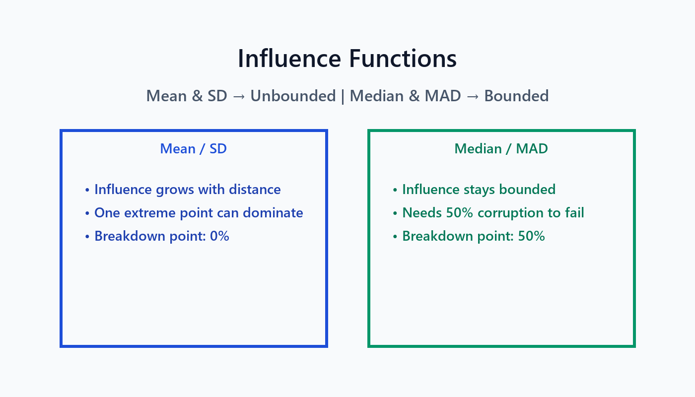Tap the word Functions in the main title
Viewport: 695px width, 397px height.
(403, 59)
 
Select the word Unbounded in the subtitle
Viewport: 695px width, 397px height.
(293, 96)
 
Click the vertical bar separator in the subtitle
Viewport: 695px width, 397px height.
(343, 96)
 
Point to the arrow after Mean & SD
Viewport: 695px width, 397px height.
(239, 96)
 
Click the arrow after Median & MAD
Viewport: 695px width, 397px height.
(473, 96)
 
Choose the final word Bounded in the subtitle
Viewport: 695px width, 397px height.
(516, 96)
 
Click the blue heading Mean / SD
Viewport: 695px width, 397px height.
(193, 149)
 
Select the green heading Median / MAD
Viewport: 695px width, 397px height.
(501, 149)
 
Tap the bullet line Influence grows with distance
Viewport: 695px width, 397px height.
(187, 190)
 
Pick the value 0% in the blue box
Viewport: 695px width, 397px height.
(219, 236)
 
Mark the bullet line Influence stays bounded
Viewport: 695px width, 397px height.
(479, 190)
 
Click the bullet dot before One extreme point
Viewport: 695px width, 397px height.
(87, 213)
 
